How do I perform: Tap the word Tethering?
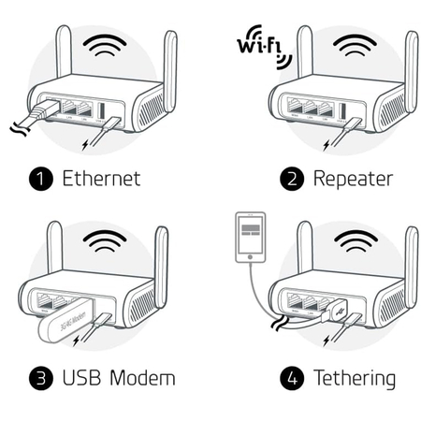[354, 378]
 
